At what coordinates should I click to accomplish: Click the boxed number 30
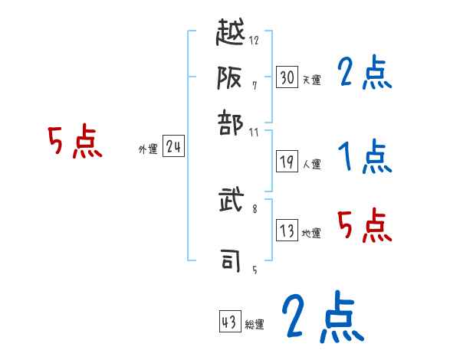(x=287, y=77)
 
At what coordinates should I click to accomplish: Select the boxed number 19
(x=287, y=162)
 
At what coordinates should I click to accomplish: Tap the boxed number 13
(x=287, y=231)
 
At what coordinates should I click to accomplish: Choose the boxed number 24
(x=174, y=147)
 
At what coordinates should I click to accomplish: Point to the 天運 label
(x=311, y=80)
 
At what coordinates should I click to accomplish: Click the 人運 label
(x=311, y=164)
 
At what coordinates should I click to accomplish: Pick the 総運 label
(x=255, y=325)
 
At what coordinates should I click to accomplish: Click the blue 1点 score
(x=364, y=158)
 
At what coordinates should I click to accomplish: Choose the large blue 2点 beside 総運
(x=321, y=316)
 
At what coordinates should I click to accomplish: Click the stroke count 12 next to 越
(x=254, y=41)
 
